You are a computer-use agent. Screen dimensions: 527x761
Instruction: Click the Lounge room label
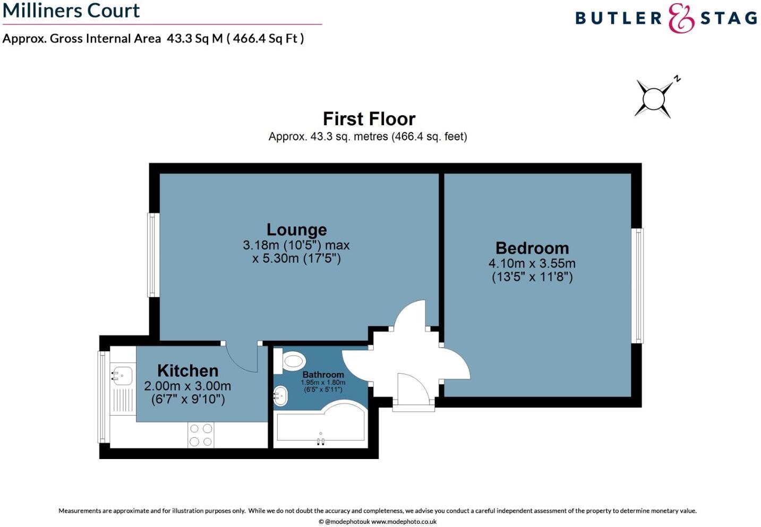296,230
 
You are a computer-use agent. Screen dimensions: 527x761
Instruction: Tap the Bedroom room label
532,248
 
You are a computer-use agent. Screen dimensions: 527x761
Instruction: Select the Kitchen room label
187,370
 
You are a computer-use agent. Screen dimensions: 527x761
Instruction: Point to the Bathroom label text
323,375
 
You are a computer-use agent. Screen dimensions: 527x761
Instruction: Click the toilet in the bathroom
292,362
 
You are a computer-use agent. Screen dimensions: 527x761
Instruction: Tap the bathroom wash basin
280,395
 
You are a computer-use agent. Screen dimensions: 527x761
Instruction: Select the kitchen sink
122,375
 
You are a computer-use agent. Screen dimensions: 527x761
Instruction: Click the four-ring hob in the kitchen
201,435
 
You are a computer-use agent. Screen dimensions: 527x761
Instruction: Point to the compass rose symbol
654,99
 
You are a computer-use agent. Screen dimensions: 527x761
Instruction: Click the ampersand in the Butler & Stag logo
681,19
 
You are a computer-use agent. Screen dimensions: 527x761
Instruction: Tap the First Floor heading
369,118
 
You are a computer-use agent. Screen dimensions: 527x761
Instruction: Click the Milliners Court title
71,11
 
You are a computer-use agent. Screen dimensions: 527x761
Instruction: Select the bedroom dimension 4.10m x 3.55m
532,263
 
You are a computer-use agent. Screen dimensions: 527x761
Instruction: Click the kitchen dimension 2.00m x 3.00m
187,386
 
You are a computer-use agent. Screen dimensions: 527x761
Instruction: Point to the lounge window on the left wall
153,255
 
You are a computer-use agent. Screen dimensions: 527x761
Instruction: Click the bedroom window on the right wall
638,286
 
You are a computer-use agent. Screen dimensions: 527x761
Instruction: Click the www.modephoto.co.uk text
404,522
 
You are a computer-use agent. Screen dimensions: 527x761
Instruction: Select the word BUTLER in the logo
618,19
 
